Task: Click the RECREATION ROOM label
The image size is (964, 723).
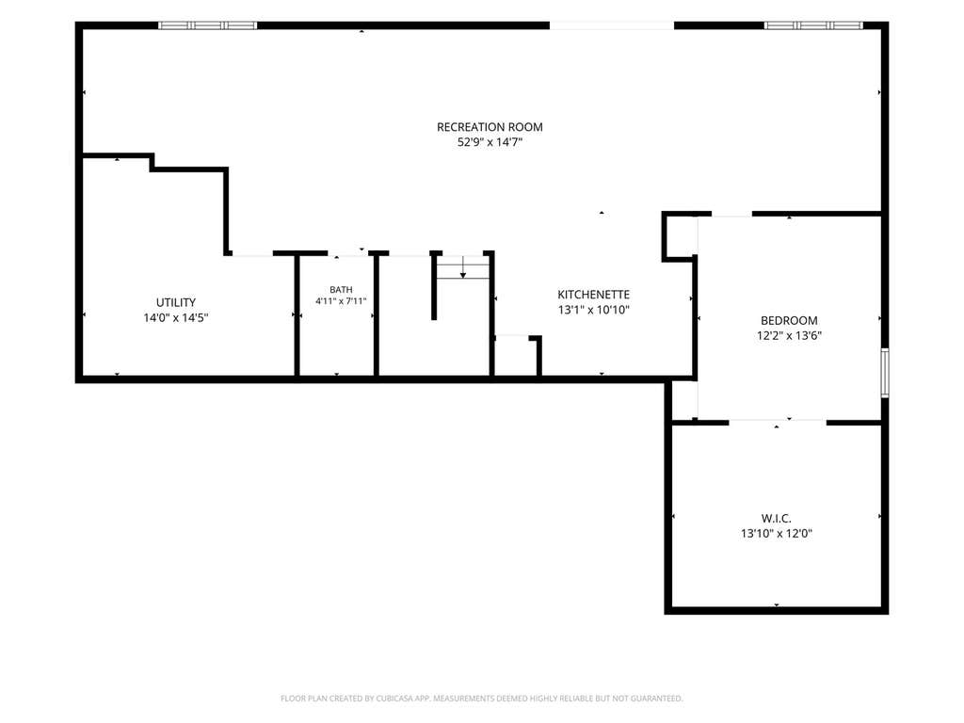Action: tap(490, 127)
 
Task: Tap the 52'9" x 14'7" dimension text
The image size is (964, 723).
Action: tap(490, 143)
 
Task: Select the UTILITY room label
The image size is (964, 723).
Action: tap(176, 302)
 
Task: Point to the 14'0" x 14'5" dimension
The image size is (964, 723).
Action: tap(176, 318)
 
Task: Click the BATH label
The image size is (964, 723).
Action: tap(341, 290)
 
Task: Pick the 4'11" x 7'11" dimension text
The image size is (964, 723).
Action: tap(341, 301)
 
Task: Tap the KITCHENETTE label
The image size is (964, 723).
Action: tap(594, 295)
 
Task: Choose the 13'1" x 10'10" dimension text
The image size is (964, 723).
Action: tap(594, 310)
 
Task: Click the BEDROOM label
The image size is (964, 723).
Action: tap(790, 320)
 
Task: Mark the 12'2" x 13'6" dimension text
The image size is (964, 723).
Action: tap(790, 336)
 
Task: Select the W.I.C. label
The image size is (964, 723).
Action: tap(777, 519)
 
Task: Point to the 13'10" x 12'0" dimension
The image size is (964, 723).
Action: tap(777, 534)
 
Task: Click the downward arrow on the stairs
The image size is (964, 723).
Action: tap(463, 266)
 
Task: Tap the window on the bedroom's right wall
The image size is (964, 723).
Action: tap(885, 373)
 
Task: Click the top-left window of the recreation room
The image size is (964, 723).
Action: tap(208, 25)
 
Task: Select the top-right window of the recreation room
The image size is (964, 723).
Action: tap(813, 25)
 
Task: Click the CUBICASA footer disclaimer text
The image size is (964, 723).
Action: tap(482, 699)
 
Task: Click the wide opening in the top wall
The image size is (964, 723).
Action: tap(612, 25)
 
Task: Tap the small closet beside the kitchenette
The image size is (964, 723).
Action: tap(517, 355)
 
